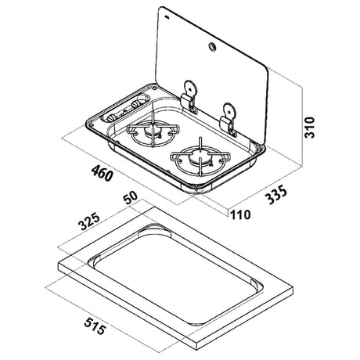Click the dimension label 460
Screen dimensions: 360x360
point(102,173)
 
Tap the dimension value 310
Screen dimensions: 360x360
point(310,128)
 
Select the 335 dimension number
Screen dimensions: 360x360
point(276,194)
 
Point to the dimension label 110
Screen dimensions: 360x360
point(240,214)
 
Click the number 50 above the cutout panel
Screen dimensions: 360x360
point(131,197)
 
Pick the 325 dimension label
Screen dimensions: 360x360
point(89,221)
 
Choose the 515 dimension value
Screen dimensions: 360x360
point(95,326)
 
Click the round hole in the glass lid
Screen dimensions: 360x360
point(211,47)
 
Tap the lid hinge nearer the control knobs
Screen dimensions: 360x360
point(190,97)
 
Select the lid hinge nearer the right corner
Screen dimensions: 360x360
point(229,121)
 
